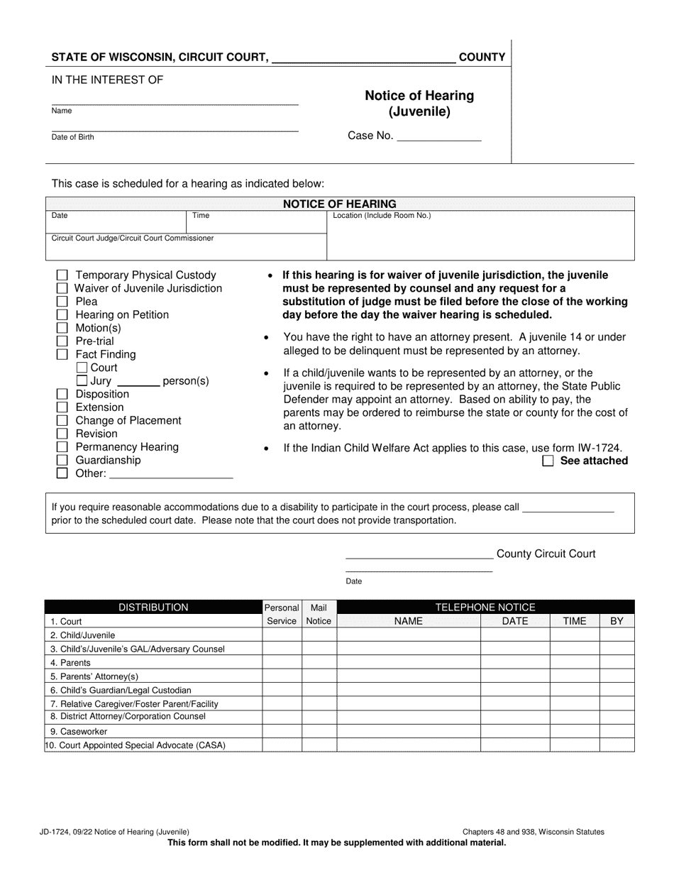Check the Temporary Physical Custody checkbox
pos(62,275)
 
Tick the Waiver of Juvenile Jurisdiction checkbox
pos(62,289)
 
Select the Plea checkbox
pos(62,302)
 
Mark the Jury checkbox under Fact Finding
pos(82,381)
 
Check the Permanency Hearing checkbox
pos(62,447)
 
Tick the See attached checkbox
pos(548,461)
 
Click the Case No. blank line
pos(438,136)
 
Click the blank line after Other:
pos(171,473)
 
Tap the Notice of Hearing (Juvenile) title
pos(419,103)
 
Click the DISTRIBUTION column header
pos(153,608)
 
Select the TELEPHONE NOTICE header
pos(485,608)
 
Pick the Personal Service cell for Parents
pos(282,663)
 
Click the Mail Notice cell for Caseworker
pos(319,731)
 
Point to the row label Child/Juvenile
pos(82,635)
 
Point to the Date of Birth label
pos(72,138)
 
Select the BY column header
pos(617,621)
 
